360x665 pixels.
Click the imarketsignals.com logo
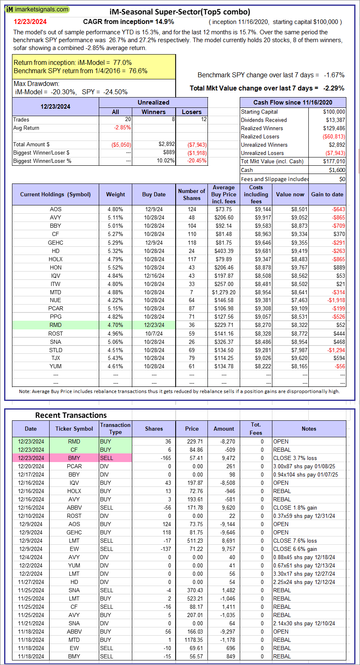coord(37,10)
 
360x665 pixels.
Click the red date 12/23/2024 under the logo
coord(30,21)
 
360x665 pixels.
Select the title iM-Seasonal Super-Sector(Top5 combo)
coord(180,12)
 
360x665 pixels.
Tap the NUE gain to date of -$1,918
coord(336,300)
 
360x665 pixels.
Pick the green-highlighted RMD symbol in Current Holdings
coord(55,325)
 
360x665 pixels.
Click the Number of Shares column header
coord(192,194)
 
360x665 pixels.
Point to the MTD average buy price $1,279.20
coord(224,293)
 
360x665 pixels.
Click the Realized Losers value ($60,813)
coord(334,136)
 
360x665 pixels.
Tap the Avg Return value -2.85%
coord(122,128)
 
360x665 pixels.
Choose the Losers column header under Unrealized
coord(192,112)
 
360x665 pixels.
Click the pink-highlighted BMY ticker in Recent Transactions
coord(74,458)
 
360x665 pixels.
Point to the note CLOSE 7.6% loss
coord(295,541)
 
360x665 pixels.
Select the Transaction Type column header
coord(115,429)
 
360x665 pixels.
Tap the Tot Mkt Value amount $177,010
coord(334,161)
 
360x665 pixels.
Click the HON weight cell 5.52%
coord(115,267)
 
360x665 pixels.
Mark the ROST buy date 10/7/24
coord(154,334)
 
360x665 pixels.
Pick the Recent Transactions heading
coord(71,415)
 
